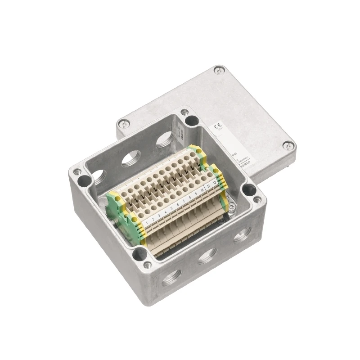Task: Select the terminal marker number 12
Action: [x=215, y=183]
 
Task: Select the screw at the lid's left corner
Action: [x=124, y=122]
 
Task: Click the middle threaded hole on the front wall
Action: [x=207, y=256]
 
